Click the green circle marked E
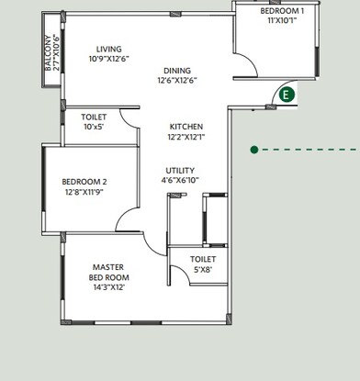point(287,94)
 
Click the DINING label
point(178,71)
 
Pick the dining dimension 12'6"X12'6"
point(178,81)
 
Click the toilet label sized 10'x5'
point(94,118)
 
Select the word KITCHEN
point(186,127)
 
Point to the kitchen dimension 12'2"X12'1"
point(186,138)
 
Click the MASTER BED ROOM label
point(108,272)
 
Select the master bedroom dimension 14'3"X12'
point(108,287)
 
